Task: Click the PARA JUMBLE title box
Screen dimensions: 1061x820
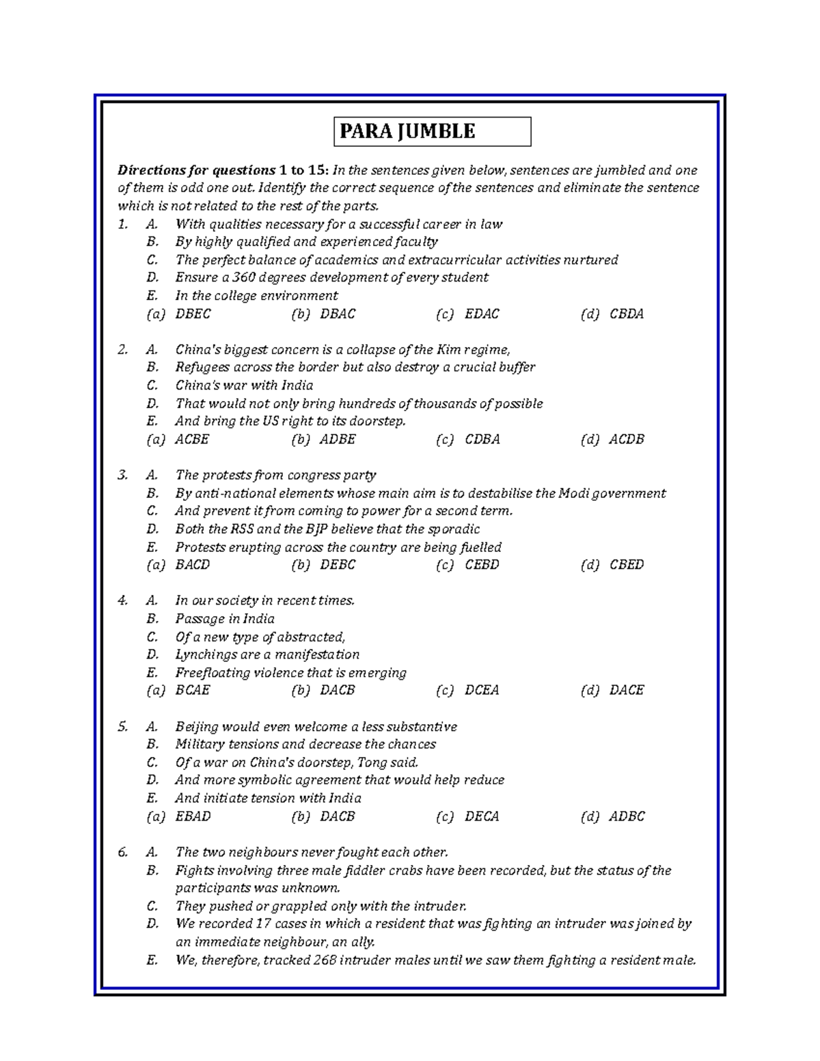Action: click(x=432, y=131)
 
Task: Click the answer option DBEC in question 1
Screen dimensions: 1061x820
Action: click(x=193, y=314)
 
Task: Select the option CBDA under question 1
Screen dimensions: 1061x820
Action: click(x=626, y=314)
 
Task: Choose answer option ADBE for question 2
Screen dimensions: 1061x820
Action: click(x=337, y=439)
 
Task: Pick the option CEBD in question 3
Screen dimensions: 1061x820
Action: click(x=482, y=564)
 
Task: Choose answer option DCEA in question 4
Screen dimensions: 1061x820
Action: click(x=482, y=690)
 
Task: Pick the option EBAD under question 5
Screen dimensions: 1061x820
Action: click(x=193, y=816)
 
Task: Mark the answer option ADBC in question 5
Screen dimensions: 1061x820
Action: click(x=627, y=816)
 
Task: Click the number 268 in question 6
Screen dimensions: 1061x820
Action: click(x=325, y=960)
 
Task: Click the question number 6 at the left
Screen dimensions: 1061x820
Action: click(x=122, y=852)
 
